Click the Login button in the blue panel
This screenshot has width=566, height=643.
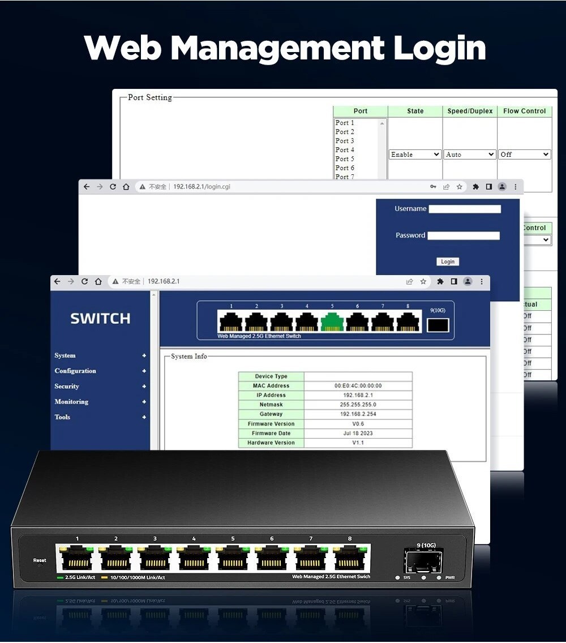pos(447,262)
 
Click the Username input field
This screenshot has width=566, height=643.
pos(465,209)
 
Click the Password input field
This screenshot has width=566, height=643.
pos(464,235)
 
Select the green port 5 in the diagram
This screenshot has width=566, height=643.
pos(332,322)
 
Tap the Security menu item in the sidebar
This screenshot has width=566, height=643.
pos(67,386)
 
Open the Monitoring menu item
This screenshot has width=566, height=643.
pos(71,401)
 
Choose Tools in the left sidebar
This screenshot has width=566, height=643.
pos(62,417)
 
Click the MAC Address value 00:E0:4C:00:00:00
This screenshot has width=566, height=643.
pos(358,385)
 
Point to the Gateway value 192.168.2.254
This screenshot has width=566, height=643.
pos(358,414)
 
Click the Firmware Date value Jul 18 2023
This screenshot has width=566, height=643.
pos(358,433)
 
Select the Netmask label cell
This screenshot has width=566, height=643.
pos(271,405)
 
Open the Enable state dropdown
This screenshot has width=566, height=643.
pos(415,155)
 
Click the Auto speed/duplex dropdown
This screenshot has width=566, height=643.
pos(470,155)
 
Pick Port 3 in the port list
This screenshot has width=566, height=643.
pos(345,141)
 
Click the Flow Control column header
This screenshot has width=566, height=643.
pos(525,111)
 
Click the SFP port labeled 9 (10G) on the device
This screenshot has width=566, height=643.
pos(423,561)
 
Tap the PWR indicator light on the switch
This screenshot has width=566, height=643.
pos(439,578)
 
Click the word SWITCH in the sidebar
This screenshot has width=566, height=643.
pos(100,319)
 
